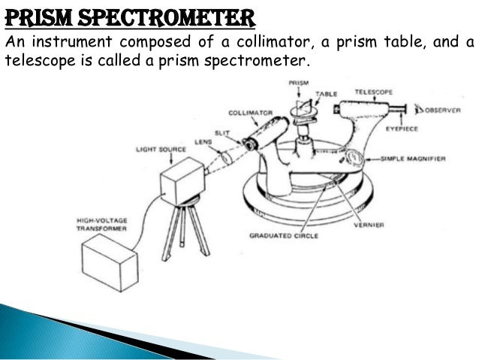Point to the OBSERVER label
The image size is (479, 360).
[x=438, y=110]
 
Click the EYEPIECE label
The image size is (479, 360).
[x=403, y=129]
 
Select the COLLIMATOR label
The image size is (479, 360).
[x=254, y=113]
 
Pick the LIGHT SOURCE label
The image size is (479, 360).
[x=155, y=150]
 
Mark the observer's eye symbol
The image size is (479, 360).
[x=411, y=110]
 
